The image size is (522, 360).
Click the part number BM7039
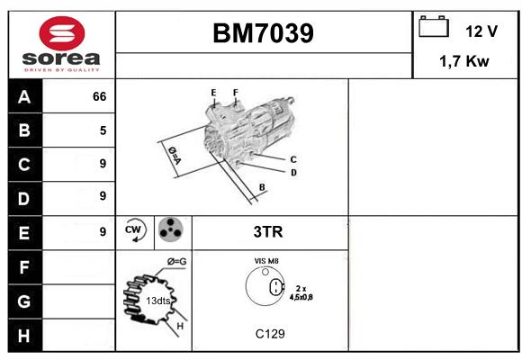[x=263, y=33]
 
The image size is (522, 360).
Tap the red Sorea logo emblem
[x=62, y=33]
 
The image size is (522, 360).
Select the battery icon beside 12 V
[x=434, y=26]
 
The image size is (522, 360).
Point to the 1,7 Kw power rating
[x=464, y=61]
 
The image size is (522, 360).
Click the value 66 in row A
[x=100, y=96]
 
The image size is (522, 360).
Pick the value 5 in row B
[x=103, y=130]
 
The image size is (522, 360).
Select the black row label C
[x=24, y=164]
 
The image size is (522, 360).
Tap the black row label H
[x=24, y=336]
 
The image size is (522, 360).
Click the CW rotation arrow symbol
[x=135, y=229]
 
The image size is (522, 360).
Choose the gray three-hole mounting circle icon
[x=171, y=229]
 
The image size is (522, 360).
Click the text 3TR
[x=268, y=232]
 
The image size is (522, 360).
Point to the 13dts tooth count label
[x=158, y=301]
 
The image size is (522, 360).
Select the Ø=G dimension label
[x=176, y=262]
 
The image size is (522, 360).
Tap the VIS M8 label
[x=266, y=261]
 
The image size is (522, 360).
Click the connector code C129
[x=270, y=334]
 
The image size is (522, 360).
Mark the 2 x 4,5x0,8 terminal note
[x=301, y=293]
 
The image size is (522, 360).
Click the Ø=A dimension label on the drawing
[x=175, y=155]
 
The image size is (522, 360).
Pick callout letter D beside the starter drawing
[x=293, y=173]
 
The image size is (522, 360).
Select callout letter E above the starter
[x=213, y=92]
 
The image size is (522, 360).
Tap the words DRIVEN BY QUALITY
[x=62, y=70]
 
